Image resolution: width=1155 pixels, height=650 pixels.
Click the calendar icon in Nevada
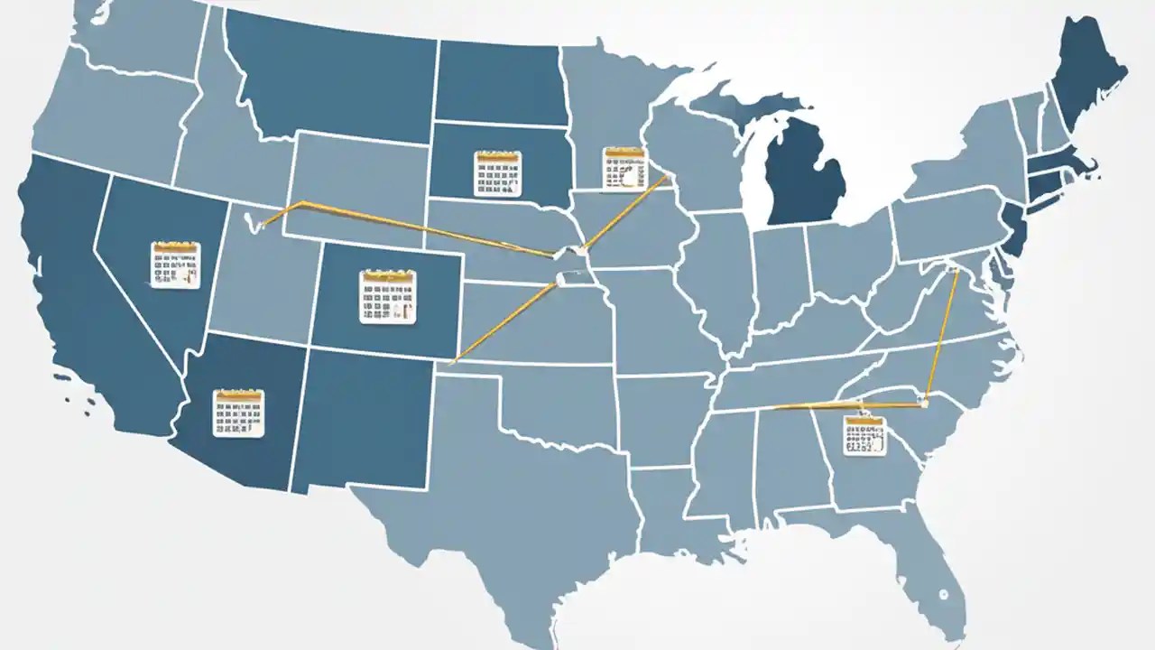[x=176, y=265]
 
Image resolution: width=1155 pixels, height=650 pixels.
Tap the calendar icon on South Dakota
[x=497, y=173]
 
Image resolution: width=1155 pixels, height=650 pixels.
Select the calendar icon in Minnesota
[x=624, y=168]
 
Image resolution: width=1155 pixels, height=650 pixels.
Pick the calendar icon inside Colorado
[x=388, y=296]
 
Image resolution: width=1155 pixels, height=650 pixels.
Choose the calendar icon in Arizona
[x=238, y=413]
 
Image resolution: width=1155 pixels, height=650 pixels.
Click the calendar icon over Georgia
[x=864, y=435]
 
